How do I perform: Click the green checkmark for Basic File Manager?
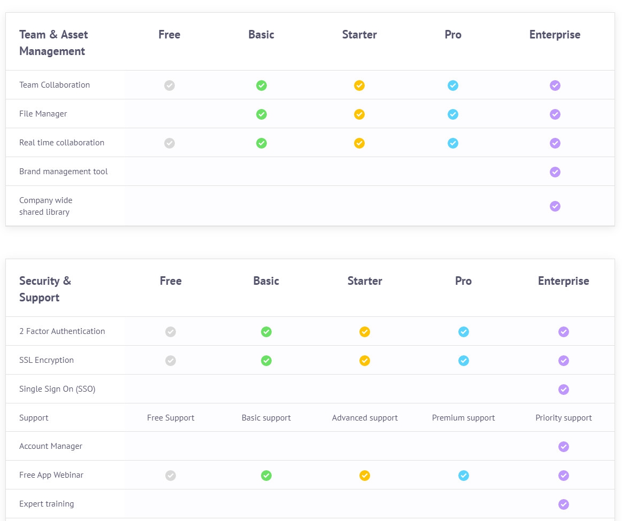(261, 114)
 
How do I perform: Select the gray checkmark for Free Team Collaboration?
(170, 85)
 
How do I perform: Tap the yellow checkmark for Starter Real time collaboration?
(359, 143)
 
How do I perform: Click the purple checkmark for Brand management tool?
(555, 172)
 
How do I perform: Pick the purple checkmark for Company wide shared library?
(555, 206)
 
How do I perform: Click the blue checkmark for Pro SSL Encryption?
(464, 360)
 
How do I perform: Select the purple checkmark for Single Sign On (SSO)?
(563, 389)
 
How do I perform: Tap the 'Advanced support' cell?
(365, 418)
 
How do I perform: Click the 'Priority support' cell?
(563, 418)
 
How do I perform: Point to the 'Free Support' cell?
(171, 418)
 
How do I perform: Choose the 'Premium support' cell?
(463, 418)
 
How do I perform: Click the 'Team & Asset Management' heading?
(53, 43)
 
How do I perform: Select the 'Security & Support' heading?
(45, 289)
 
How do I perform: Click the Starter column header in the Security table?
(365, 281)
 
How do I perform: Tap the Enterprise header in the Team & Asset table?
(555, 35)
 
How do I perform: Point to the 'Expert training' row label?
(47, 504)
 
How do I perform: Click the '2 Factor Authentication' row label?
(62, 331)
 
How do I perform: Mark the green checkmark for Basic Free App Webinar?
(266, 475)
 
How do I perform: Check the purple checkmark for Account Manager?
(563, 446)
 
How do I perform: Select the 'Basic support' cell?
(266, 418)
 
